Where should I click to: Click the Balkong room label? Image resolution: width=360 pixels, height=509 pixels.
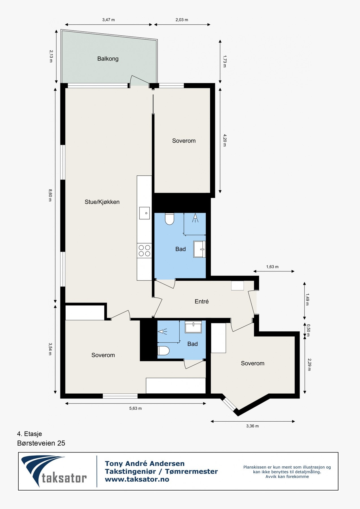tap(108, 59)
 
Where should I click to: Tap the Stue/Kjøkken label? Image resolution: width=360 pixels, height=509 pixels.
tap(102, 202)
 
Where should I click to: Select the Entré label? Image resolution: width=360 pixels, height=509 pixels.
tap(202, 301)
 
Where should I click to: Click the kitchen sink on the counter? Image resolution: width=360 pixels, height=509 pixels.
tap(145, 213)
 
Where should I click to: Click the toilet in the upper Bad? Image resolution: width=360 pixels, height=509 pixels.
tap(169, 219)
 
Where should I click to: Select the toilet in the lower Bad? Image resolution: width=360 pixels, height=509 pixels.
tap(163, 351)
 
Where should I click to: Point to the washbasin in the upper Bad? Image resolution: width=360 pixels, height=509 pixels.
tap(199, 249)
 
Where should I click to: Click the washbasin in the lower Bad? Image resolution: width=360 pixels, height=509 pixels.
tap(193, 327)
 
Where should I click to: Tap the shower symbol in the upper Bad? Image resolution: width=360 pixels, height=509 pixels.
tap(195, 218)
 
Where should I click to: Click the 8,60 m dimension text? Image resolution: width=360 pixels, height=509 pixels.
tap(50, 195)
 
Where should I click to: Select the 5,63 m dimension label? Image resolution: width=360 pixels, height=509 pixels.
tap(135, 408)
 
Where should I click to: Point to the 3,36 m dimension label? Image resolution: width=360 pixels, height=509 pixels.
tap(253, 426)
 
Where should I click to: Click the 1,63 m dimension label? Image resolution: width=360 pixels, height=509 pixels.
tap(272, 267)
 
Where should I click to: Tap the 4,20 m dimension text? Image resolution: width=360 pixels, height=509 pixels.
tap(225, 140)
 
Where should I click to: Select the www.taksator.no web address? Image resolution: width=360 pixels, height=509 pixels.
tap(137, 479)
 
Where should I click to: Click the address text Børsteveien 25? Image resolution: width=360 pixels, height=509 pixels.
tap(41, 443)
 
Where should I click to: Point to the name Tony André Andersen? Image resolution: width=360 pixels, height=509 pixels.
tap(145, 463)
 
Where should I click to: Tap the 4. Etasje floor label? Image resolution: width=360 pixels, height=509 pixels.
tap(29, 434)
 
